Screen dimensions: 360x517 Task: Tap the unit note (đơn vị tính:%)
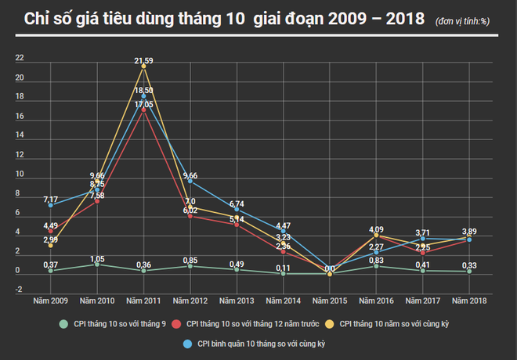pyautogui.click(x=468, y=20)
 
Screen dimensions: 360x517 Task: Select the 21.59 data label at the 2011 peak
pyautogui.click(x=143, y=60)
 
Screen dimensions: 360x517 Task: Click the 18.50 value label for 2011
pyautogui.click(x=143, y=91)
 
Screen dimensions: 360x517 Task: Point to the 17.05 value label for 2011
pyautogui.click(x=143, y=103)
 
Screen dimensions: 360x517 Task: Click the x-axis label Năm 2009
pyautogui.click(x=49, y=299)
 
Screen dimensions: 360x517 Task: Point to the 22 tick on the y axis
pyautogui.click(x=20, y=59)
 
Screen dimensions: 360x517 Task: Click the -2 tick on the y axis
pyautogui.click(x=20, y=290)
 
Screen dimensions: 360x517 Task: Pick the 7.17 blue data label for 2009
pyautogui.click(x=50, y=199)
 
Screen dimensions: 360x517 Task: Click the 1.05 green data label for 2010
pyautogui.click(x=97, y=258)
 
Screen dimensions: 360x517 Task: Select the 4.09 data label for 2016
pyautogui.click(x=376, y=229)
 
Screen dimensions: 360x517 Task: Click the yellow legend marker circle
pyautogui.click(x=330, y=322)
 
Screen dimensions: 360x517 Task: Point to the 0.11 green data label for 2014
pyautogui.click(x=284, y=267)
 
